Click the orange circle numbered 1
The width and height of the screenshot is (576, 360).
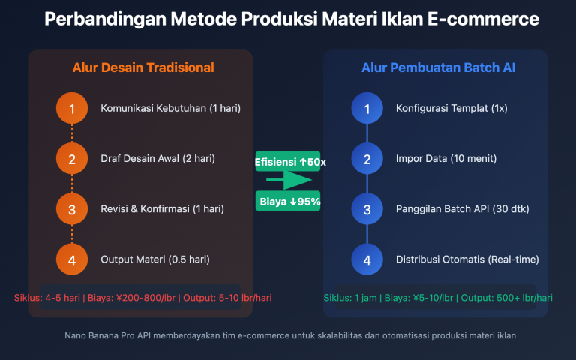tap(72, 109)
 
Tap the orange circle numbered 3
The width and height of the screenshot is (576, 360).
tap(72, 209)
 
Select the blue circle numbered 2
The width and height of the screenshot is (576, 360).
tap(367, 159)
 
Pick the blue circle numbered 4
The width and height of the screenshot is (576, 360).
tap(367, 259)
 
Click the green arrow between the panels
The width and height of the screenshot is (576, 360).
tap(288, 181)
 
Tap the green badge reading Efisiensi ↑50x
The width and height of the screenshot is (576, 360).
tap(288, 161)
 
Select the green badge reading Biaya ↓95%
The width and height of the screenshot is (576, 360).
tap(288, 201)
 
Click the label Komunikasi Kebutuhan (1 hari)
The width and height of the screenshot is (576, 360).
tap(170, 109)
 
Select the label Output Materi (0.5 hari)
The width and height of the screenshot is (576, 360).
tap(154, 259)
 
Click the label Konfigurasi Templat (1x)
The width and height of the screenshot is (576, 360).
tap(451, 109)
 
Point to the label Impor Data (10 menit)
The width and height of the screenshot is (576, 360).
tap(445, 159)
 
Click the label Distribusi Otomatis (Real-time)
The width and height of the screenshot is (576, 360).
tap(466, 259)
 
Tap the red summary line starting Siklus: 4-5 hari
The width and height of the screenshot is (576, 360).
tap(142, 298)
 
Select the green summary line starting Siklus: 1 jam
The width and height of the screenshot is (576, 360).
tap(438, 298)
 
